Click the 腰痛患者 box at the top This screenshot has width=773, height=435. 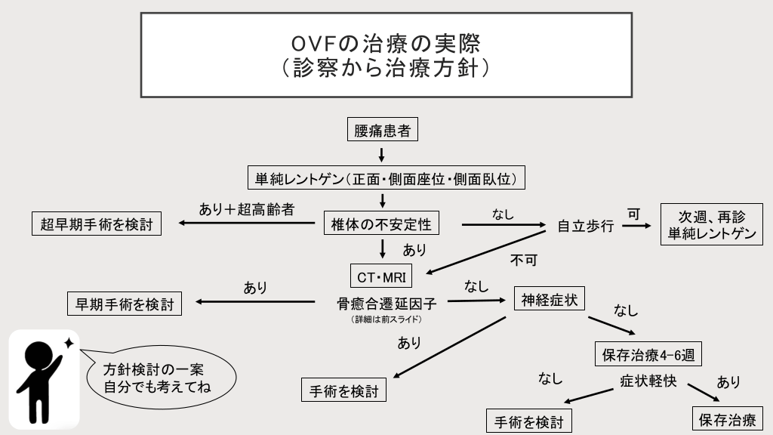tap(383, 130)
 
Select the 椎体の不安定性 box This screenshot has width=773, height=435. tap(382, 224)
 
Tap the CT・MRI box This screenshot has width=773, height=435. tap(383, 275)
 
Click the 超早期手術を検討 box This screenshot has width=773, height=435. tap(97, 224)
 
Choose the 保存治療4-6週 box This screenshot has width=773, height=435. tap(649, 352)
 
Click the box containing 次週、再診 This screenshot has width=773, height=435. tap(711, 224)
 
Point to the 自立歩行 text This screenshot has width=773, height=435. tap(585, 226)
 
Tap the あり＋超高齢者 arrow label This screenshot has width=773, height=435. tap(246, 210)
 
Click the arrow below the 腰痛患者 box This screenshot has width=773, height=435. tap(382, 155)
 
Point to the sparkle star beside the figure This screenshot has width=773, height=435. tap(69, 343)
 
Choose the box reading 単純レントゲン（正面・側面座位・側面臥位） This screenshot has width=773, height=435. tap(385, 178)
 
